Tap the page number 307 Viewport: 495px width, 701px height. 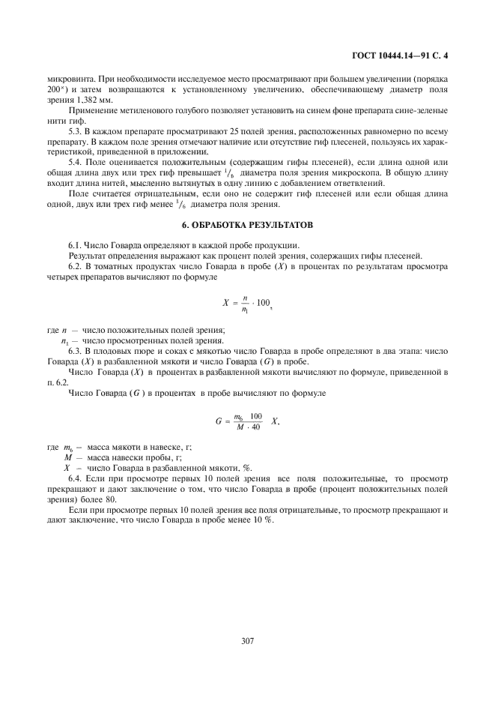(248, 642)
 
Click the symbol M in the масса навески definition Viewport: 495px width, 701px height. (67, 457)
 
